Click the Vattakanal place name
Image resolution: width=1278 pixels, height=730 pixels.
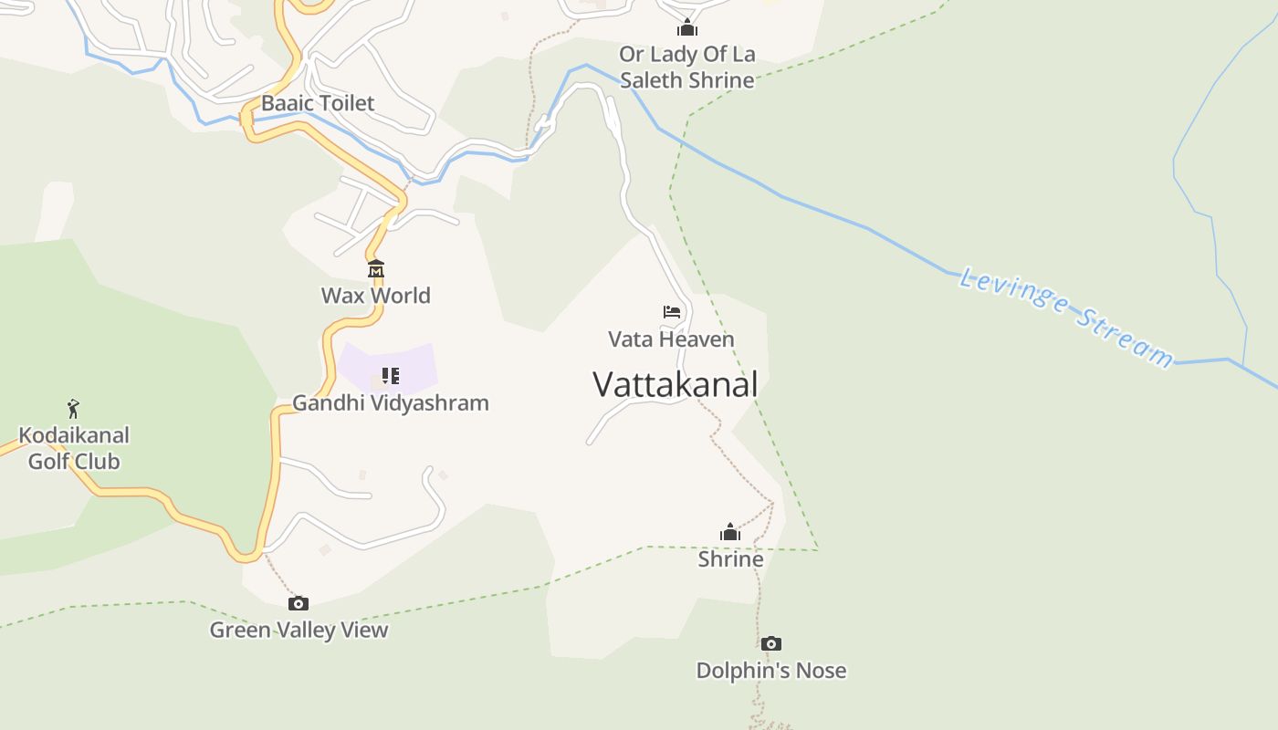coord(675,384)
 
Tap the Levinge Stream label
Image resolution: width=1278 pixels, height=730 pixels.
coord(1066,317)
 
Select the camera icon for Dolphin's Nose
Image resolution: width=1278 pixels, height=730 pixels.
coord(771,644)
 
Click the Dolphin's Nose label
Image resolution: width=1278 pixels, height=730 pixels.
coord(771,671)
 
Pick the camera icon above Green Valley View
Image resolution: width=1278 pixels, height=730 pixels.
coord(299,603)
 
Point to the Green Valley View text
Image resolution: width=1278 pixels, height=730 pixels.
coord(299,630)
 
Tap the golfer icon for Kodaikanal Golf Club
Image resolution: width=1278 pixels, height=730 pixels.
coord(73,408)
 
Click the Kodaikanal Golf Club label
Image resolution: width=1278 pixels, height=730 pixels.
coord(74,448)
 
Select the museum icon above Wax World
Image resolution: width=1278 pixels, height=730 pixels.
coord(376,269)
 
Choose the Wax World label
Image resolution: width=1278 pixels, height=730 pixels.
coord(375,296)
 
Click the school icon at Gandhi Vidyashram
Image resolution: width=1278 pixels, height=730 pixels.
coord(391,376)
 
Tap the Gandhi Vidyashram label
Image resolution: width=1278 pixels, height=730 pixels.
coord(390,402)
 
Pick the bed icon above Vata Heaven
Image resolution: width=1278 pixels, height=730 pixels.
coord(672,312)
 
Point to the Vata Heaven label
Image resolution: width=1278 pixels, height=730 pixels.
coord(671,339)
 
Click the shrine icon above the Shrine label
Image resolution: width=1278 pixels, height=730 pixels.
coord(730,532)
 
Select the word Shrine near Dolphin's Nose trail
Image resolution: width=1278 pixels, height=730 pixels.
coord(730,558)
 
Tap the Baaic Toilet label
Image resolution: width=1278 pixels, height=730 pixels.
coord(318,103)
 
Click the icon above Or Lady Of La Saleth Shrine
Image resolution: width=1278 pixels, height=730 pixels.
coord(687,28)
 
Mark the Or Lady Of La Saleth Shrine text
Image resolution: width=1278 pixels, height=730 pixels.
coord(687,67)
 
